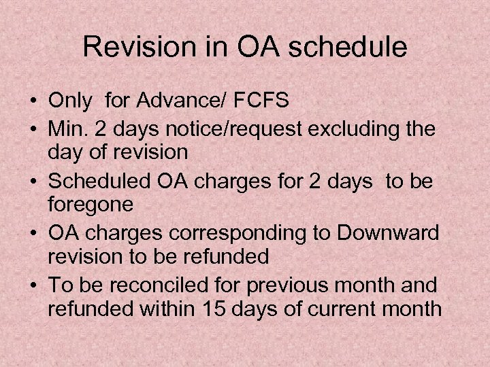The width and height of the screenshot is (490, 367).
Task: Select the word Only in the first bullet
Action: [x=71, y=101]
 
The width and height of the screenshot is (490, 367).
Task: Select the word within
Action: [x=170, y=309]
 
